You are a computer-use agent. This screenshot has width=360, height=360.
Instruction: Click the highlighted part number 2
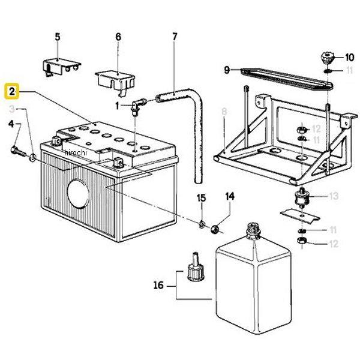[x=12, y=92]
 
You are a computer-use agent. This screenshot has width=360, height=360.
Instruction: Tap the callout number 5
[x=58, y=37]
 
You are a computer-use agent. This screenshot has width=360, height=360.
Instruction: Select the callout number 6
[x=118, y=37]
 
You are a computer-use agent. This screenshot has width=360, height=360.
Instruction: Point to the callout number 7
[x=175, y=37]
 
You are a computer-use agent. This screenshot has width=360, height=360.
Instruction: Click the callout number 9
[x=227, y=70]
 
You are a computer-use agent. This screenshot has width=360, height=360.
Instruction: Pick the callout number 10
[x=350, y=58]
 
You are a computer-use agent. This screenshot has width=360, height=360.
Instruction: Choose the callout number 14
[x=230, y=197]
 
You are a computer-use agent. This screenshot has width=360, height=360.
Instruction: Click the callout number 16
[x=158, y=286]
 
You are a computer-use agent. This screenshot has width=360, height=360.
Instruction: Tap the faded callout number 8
[x=224, y=112]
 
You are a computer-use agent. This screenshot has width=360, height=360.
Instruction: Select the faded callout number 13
[x=334, y=196]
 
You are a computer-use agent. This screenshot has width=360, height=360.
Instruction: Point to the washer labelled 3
[x=32, y=157]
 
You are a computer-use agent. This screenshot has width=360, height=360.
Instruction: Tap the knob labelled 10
[x=326, y=59]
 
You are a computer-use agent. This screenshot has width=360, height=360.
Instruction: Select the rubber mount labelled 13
[x=301, y=197]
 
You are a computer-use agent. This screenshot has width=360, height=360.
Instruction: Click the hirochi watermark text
[x=76, y=152]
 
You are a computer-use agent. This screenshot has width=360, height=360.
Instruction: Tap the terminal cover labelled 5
[x=62, y=67]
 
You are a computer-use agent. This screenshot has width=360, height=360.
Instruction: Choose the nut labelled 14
[x=215, y=229]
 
